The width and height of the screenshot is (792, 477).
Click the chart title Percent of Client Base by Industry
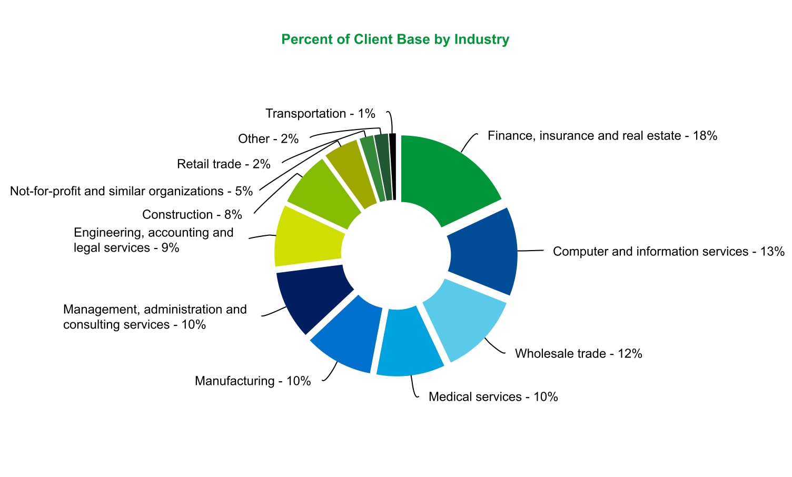395,39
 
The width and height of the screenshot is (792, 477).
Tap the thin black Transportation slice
392,166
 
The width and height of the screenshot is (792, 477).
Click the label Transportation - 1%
320,114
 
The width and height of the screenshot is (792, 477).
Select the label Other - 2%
268,139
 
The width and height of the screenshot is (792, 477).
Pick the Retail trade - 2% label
224,164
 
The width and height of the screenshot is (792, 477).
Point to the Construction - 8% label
192,215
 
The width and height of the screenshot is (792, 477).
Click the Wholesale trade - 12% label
578,354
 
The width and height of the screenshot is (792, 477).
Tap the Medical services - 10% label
493,397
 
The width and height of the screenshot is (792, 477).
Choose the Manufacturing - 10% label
253,381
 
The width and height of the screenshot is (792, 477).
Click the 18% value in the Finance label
705,136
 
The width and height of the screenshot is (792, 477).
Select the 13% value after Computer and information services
773,252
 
